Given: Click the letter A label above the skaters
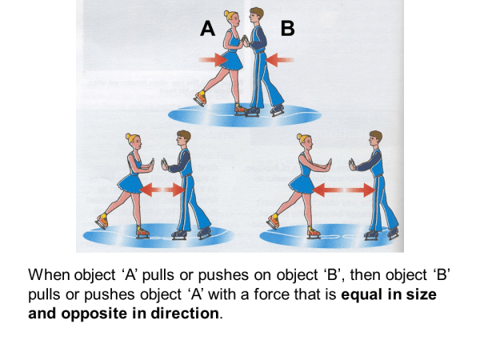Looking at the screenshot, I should pos(207,30).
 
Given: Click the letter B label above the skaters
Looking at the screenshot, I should pos(288,30).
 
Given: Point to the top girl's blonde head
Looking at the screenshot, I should pos(234,18).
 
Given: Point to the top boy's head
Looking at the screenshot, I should pos(256,15).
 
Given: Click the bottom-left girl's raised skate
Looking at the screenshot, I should pos(101,219).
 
